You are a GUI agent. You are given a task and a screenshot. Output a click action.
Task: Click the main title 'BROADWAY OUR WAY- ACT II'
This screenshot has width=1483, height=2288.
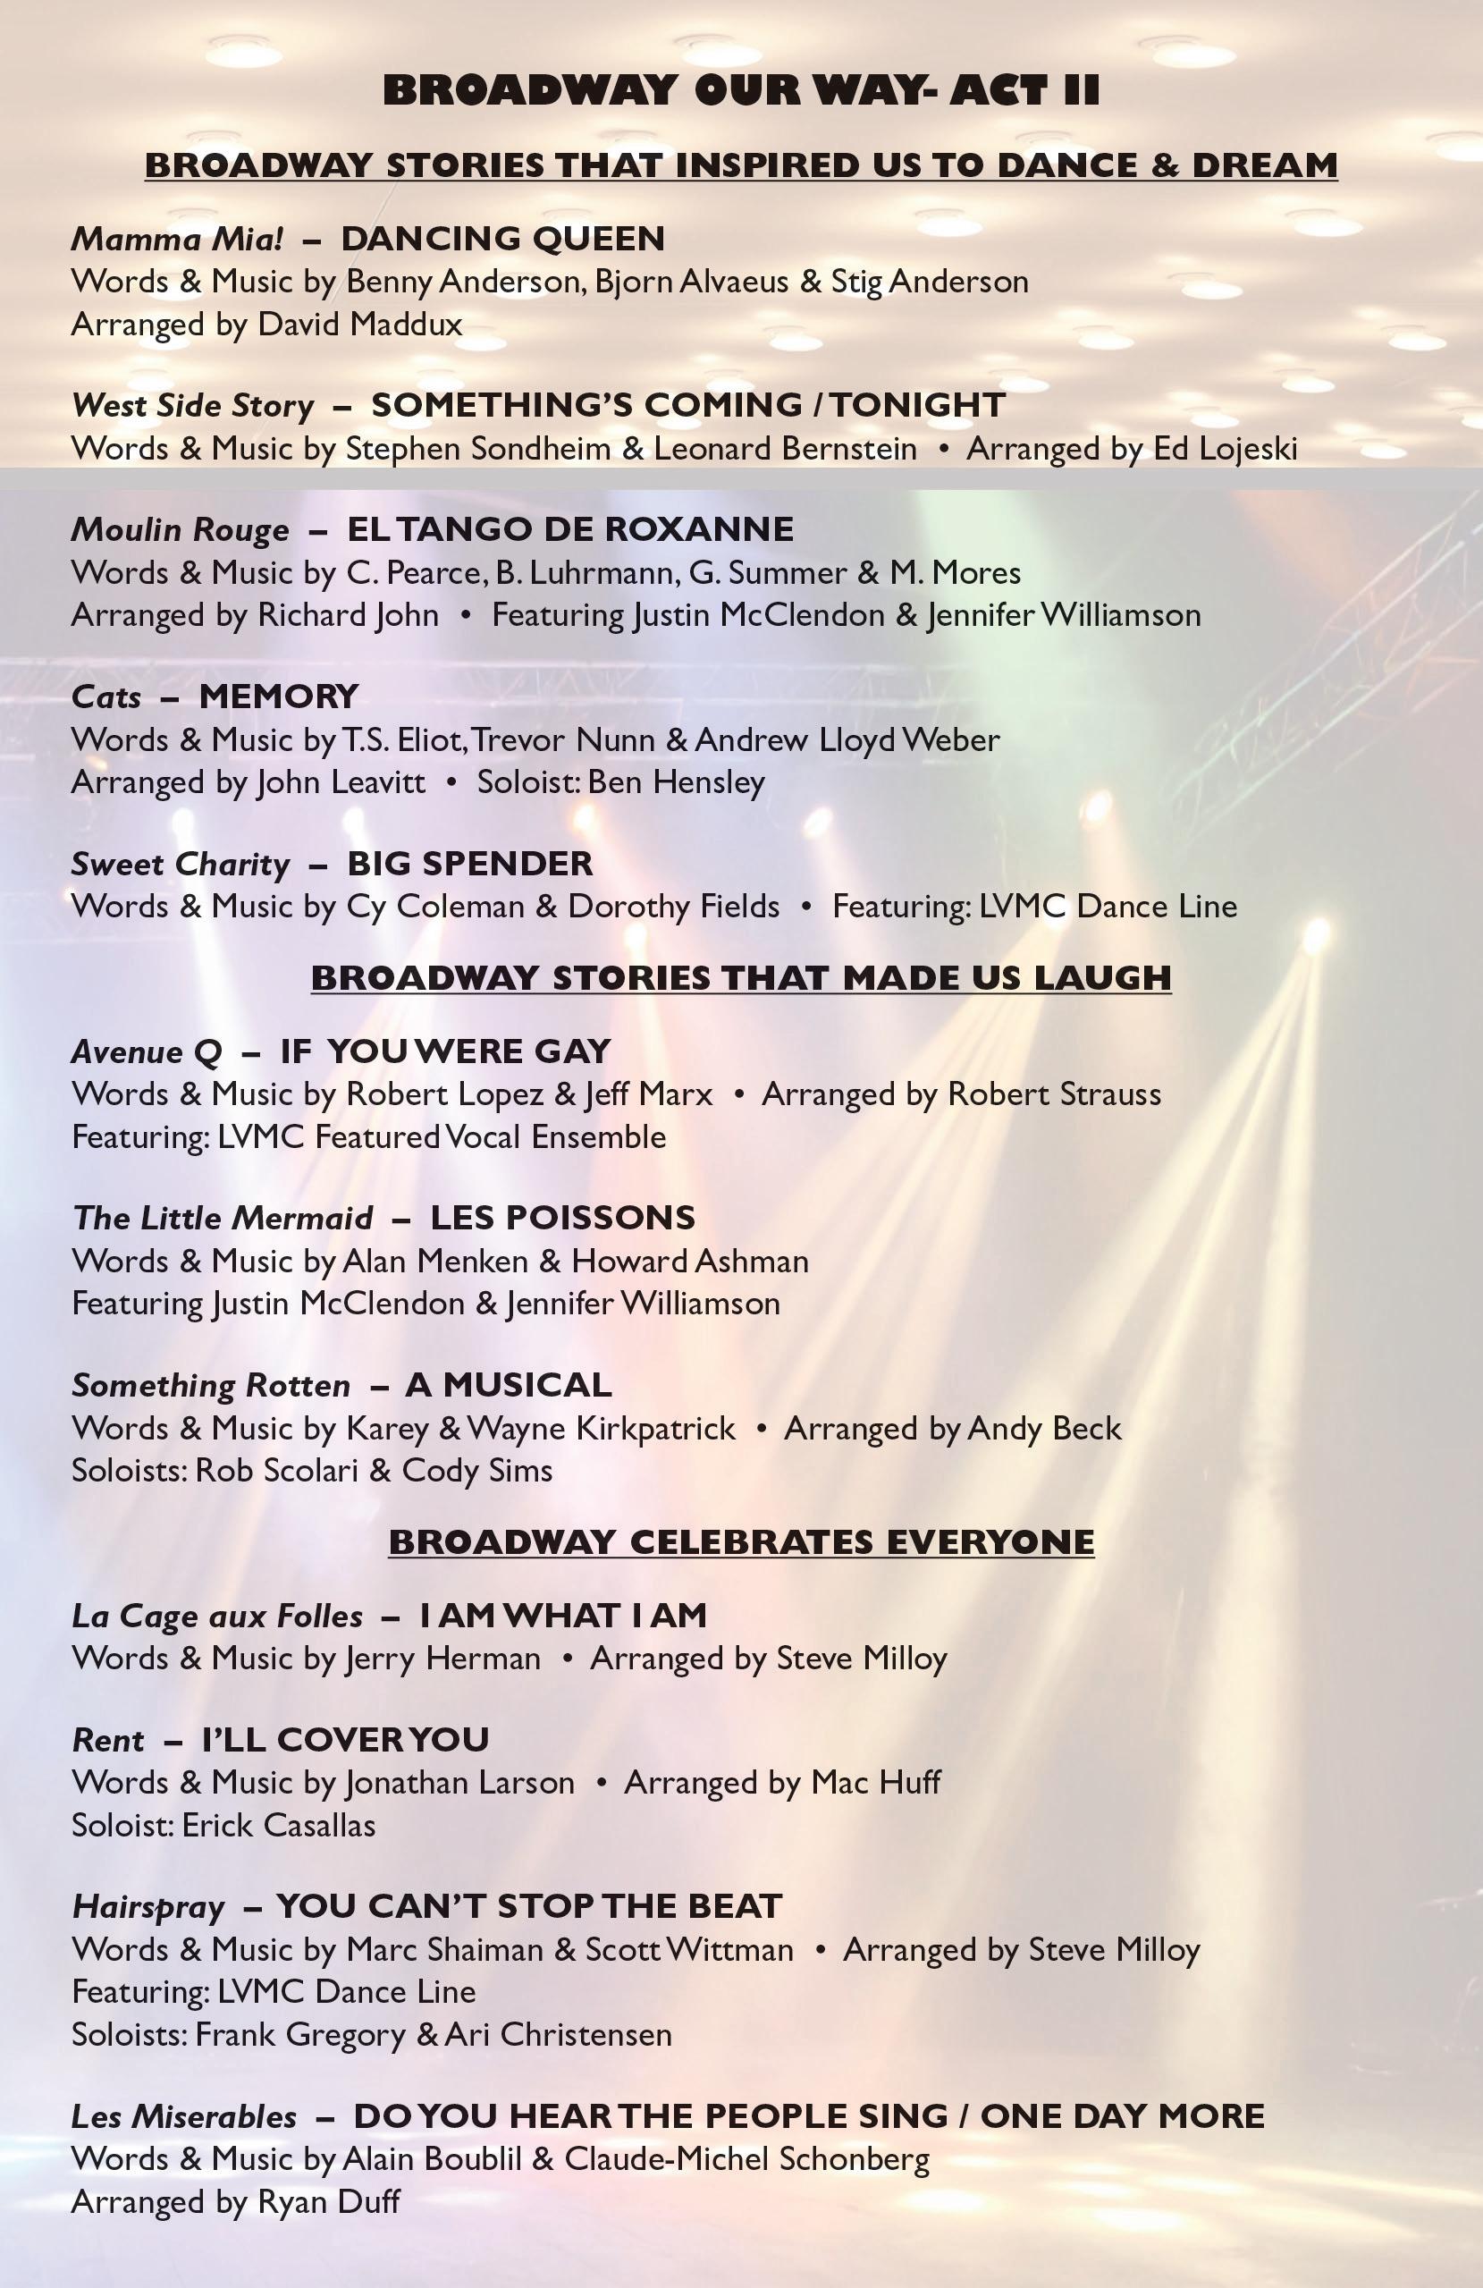tap(741, 90)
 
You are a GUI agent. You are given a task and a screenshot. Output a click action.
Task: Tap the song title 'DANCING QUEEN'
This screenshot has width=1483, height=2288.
tap(502, 239)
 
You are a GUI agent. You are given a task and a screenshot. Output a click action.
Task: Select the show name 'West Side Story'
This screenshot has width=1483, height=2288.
tap(192, 406)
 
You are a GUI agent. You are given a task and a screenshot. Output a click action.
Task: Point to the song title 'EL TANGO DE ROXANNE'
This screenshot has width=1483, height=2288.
tap(570, 529)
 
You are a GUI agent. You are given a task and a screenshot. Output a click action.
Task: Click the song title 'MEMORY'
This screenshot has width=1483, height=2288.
tap(279, 696)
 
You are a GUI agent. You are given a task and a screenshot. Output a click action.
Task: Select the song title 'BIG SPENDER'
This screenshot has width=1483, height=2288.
tap(469, 864)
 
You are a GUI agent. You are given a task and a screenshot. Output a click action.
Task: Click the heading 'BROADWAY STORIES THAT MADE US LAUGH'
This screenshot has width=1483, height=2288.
tap(741, 977)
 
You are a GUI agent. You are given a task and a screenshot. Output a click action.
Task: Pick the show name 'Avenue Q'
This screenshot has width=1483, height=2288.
tap(146, 1051)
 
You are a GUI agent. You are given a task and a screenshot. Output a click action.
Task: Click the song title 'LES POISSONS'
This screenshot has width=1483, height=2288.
tap(562, 1218)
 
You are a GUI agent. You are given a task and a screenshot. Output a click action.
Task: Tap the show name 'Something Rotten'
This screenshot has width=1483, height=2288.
tap(210, 1385)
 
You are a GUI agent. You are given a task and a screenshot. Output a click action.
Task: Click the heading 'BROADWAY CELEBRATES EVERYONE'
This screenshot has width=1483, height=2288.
tap(741, 1542)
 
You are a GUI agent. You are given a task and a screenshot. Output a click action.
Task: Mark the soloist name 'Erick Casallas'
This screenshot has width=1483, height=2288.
tap(278, 1825)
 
